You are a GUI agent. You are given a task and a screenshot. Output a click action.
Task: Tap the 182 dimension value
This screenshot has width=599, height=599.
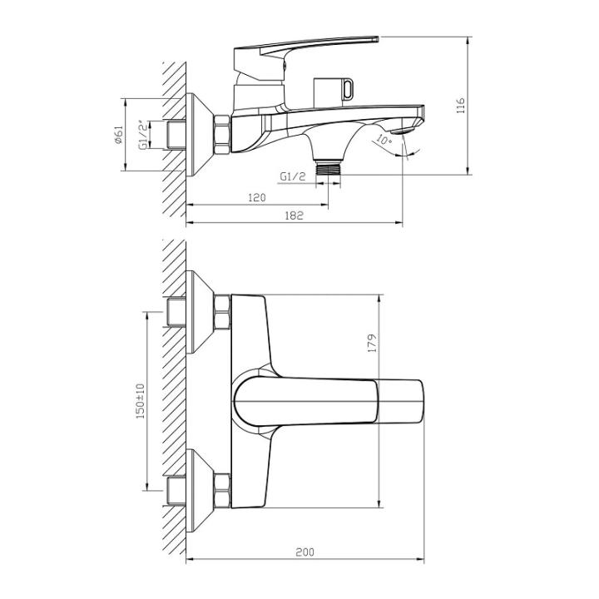click(294, 215)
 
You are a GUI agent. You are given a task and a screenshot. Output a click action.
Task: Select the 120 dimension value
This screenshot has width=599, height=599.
click(256, 197)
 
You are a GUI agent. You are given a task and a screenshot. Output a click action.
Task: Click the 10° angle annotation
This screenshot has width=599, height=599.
click(383, 141)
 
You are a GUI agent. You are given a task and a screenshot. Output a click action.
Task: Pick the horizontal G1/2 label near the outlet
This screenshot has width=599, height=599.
click(293, 176)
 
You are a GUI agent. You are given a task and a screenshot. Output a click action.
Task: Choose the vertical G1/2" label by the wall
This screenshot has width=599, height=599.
click(143, 134)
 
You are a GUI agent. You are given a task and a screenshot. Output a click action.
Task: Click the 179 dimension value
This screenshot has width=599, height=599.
click(373, 343)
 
